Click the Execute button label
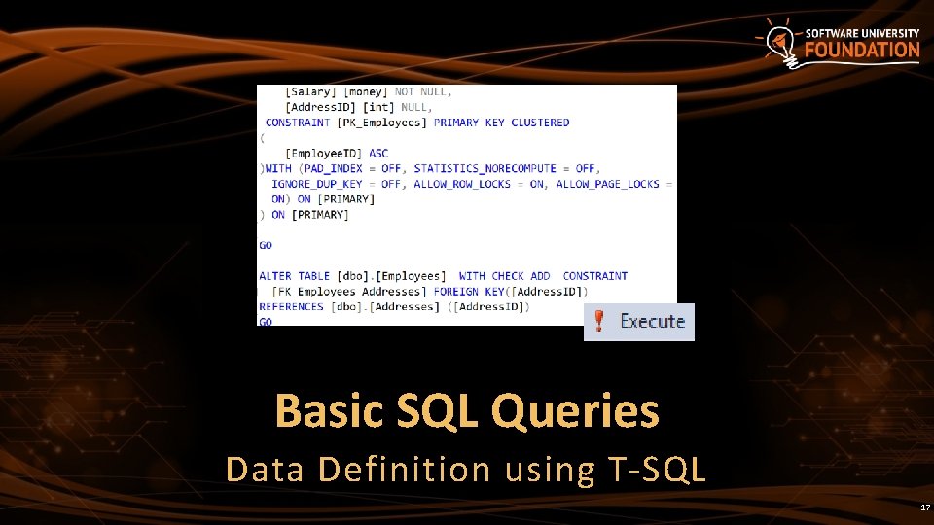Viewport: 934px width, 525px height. tap(652, 322)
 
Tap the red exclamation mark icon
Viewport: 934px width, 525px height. tap(600, 321)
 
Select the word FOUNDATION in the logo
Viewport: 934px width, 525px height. tap(861, 51)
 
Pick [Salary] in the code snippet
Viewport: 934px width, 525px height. tap(308, 91)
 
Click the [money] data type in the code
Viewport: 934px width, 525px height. tap(366, 91)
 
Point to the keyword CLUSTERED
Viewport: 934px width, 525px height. tap(540, 122)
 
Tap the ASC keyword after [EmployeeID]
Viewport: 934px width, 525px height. tap(378, 154)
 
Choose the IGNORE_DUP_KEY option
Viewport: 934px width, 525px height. tap(317, 184)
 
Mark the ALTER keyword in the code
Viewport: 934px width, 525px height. tap(275, 276)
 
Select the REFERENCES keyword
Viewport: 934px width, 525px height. tap(291, 307)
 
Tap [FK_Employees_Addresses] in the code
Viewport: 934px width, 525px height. tap(349, 292)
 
